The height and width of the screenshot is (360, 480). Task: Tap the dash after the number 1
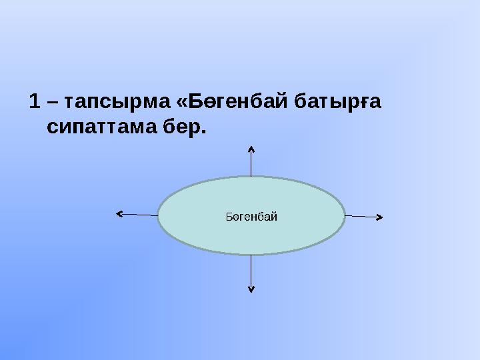click(52, 103)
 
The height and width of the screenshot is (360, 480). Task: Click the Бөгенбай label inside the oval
click(251, 216)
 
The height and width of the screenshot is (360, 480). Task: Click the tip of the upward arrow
click(251, 145)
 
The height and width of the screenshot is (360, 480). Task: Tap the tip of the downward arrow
click(251, 292)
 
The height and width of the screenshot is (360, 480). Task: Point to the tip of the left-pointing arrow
click(117, 213)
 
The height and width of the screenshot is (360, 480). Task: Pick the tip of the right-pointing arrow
click(381, 217)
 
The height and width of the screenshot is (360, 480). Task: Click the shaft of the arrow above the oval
click(251, 162)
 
